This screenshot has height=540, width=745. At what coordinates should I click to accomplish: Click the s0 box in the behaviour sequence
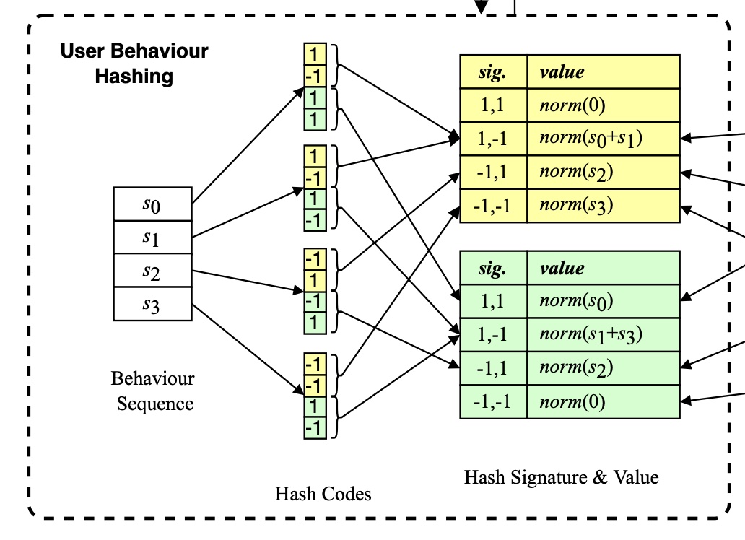(x=153, y=204)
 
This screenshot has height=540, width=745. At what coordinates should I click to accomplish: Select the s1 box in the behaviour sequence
(x=153, y=238)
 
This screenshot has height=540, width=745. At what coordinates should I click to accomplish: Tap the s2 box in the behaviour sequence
(x=153, y=271)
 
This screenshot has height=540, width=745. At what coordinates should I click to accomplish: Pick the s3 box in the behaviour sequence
(x=153, y=304)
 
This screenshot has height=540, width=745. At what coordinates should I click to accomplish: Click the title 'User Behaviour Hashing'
(x=134, y=64)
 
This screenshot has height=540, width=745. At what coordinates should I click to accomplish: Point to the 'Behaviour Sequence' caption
(x=154, y=391)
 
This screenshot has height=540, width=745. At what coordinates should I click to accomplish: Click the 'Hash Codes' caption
(x=323, y=494)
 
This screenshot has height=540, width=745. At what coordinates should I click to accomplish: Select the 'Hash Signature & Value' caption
(x=561, y=476)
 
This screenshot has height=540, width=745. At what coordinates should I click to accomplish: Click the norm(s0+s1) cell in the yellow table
(x=604, y=139)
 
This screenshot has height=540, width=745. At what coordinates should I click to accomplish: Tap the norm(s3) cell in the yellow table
(x=604, y=206)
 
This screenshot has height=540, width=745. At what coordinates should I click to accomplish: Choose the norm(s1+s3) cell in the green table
(x=604, y=335)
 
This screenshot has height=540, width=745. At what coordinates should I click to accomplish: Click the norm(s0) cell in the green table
(x=604, y=302)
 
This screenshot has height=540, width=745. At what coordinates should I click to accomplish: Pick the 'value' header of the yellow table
(x=604, y=72)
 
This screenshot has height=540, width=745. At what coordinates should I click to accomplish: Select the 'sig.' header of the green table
(x=493, y=269)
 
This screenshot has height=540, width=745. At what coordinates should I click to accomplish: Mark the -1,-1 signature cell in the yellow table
(x=493, y=206)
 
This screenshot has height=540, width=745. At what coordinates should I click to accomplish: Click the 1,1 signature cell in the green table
(x=493, y=302)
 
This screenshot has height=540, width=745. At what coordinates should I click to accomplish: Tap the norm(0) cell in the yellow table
(x=604, y=105)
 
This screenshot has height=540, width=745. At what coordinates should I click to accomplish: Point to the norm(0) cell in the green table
(x=604, y=402)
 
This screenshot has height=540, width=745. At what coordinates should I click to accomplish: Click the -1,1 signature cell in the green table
(x=493, y=368)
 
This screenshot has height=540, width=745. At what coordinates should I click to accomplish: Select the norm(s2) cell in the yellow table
(x=604, y=173)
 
